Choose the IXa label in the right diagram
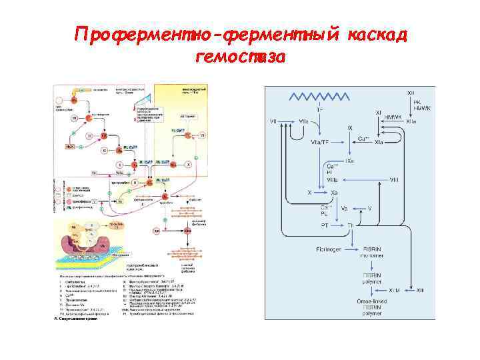pyautogui.click(x=349, y=161)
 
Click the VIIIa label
pyautogui.click(x=331, y=180)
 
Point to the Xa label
pyautogui.click(x=337, y=192)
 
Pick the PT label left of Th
pyautogui.click(x=324, y=226)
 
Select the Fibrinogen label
pyautogui.click(x=329, y=249)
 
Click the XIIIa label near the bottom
pyautogui.click(x=395, y=291)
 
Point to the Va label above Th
pyautogui.click(x=345, y=208)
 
